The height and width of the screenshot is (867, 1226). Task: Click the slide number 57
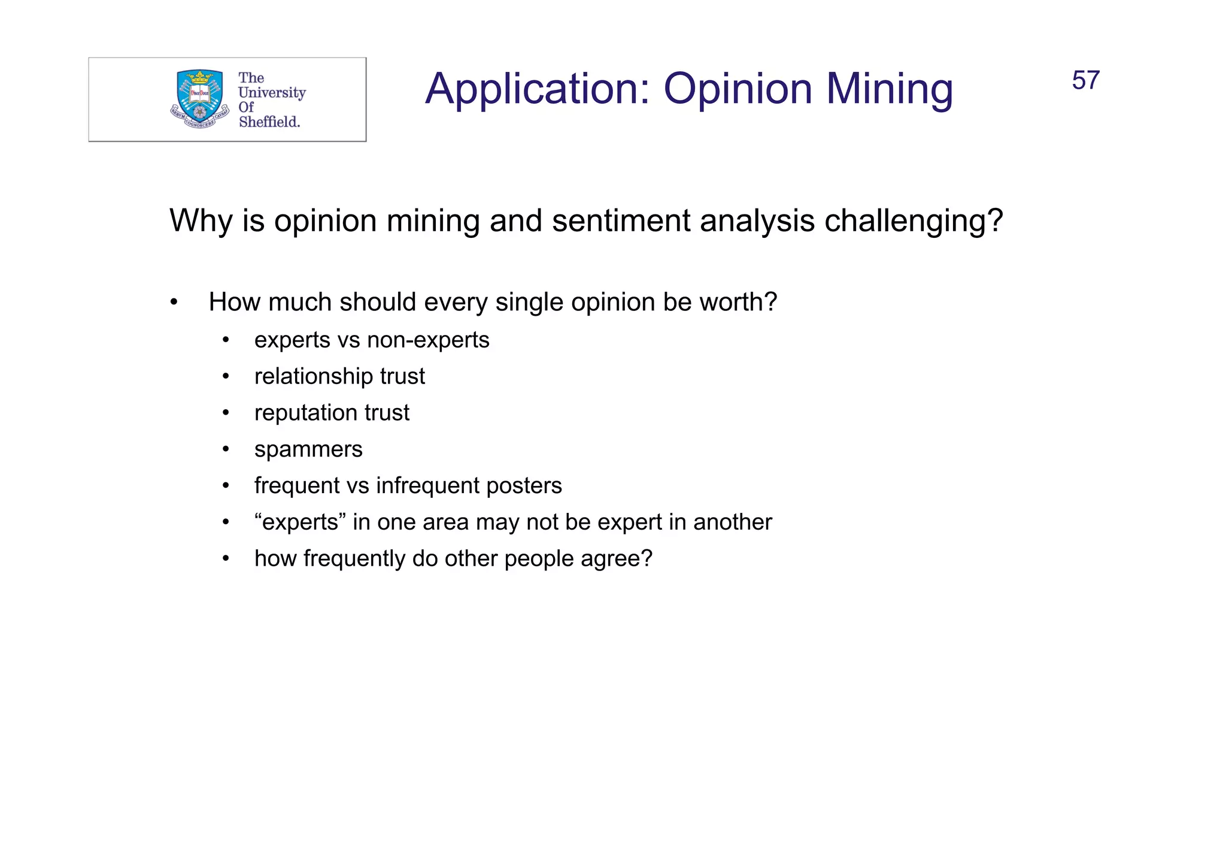pos(1085,81)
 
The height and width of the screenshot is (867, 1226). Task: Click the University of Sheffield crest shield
pos(199,95)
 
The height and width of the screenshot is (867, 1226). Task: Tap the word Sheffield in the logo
pos(269,122)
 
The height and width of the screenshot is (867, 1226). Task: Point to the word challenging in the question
pos(912,221)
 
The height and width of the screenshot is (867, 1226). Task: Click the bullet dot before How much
pos(174,303)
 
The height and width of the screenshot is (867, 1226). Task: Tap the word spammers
pos(308,450)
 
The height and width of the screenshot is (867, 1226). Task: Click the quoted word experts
pos(301,522)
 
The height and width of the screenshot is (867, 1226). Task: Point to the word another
pos(733,522)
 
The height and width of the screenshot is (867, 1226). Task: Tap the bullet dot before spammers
pos(226,450)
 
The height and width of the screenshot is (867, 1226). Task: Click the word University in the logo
pos(272,93)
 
